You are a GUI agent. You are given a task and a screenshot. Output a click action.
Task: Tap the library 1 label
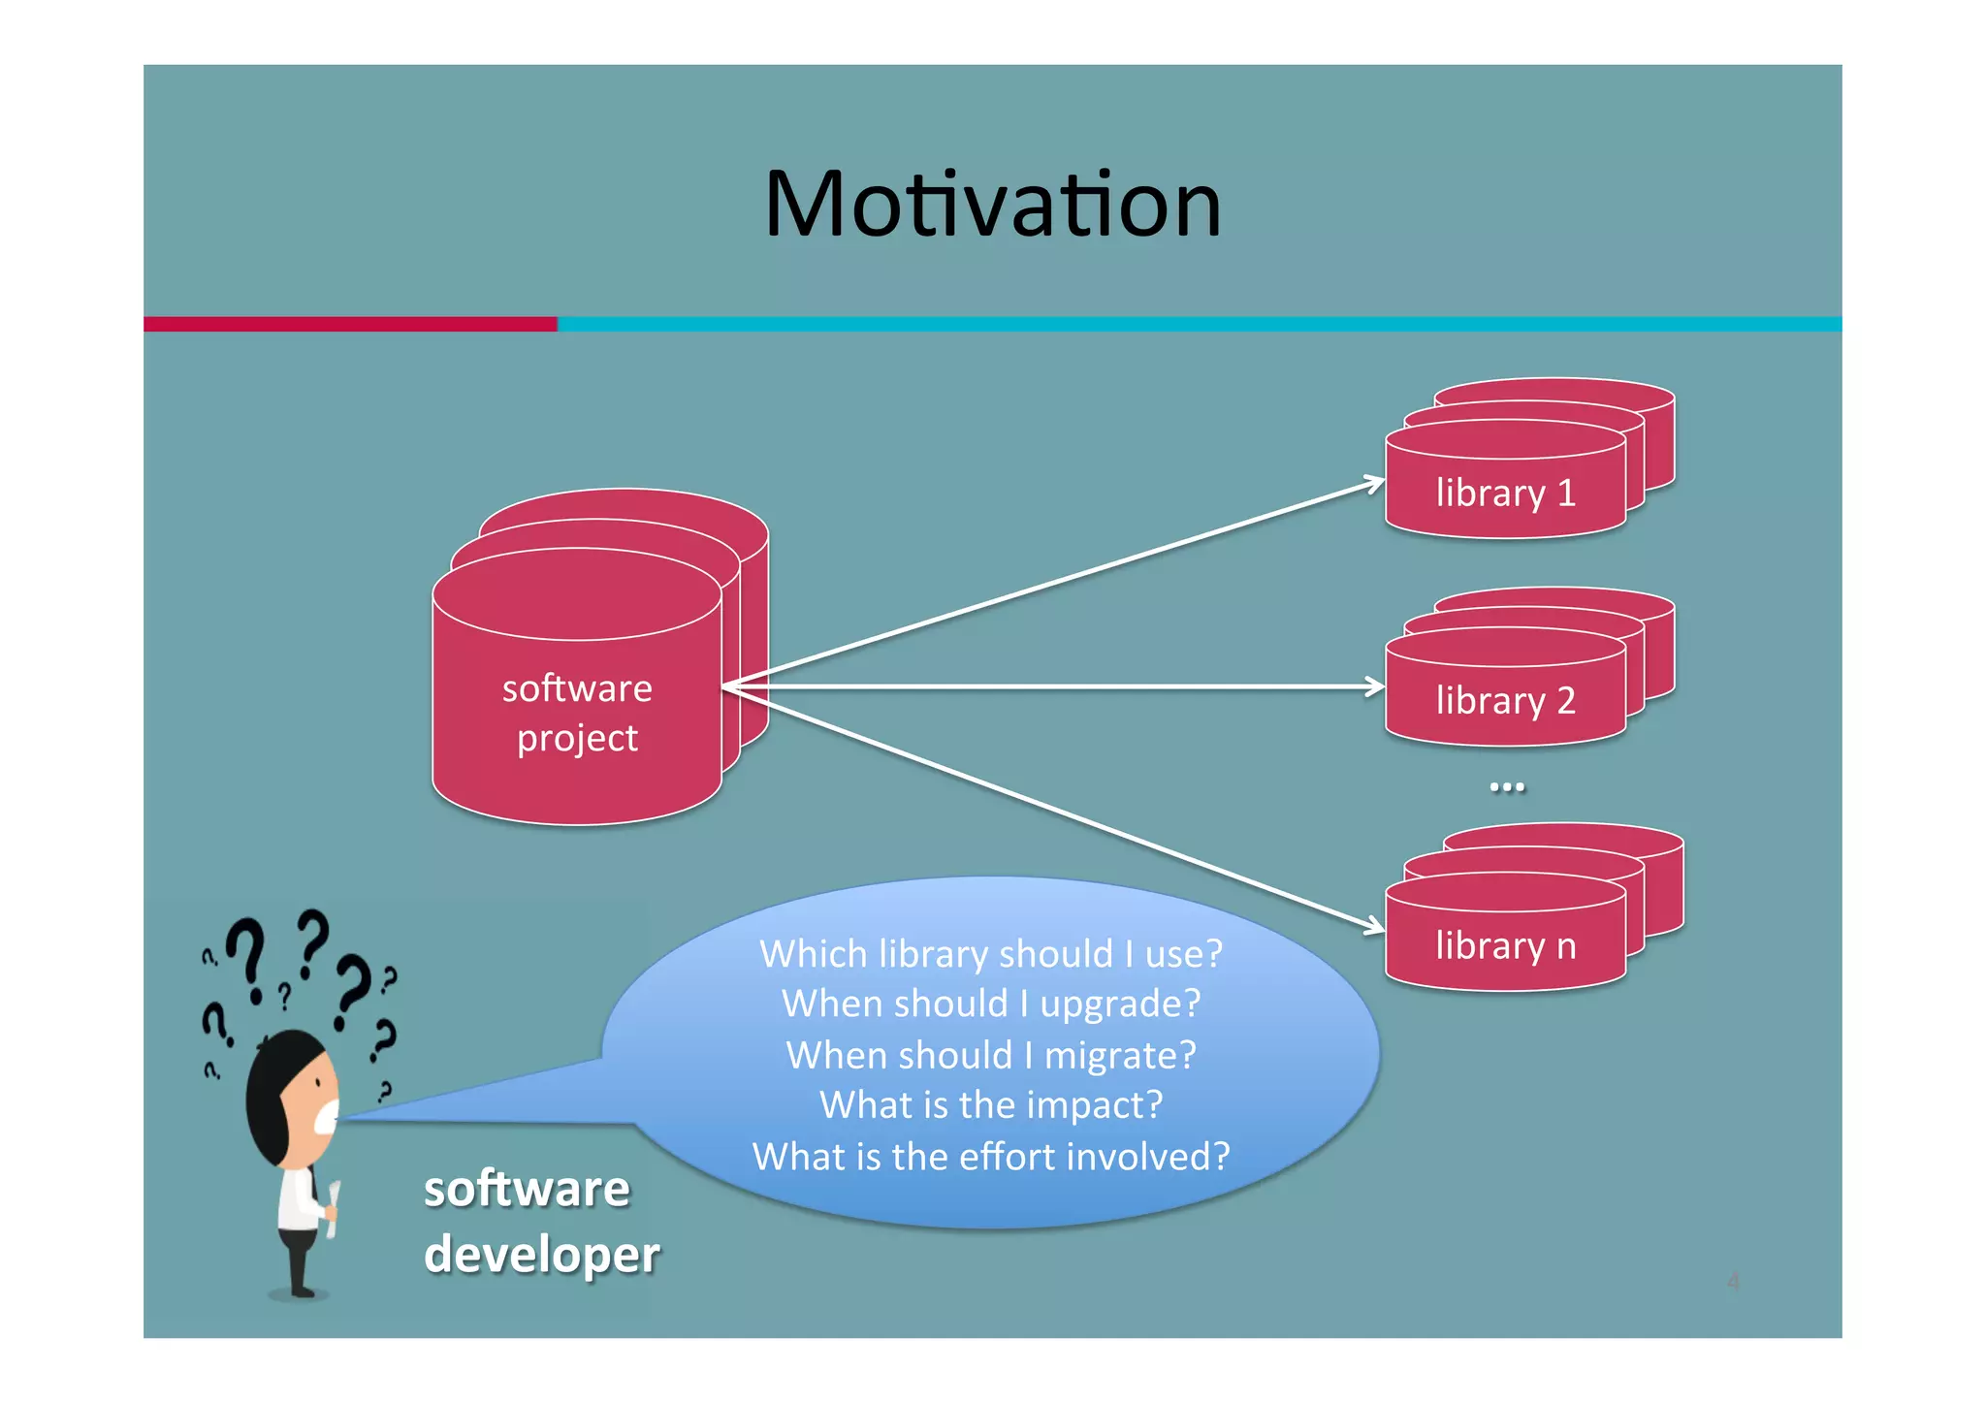tap(1505, 494)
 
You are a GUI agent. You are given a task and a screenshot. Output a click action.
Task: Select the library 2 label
tap(1505, 700)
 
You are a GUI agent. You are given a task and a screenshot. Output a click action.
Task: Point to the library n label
tap(1505, 945)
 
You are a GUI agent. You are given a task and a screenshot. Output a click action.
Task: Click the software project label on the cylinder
tap(577, 713)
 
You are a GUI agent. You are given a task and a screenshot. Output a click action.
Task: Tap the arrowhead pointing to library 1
tap(1375, 482)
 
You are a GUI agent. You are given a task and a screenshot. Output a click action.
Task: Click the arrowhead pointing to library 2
tap(1376, 686)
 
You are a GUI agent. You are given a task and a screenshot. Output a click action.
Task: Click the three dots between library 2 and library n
tap(1506, 787)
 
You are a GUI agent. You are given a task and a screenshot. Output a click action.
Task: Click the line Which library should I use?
tap(990, 954)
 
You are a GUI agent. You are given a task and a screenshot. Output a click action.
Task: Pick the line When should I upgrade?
tap(990, 1004)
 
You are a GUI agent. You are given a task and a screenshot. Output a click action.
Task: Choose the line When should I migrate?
tap(990, 1055)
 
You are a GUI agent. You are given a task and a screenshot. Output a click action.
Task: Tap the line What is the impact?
tap(990, 1105)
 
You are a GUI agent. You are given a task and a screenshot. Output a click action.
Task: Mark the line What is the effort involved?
tap(990, 1157)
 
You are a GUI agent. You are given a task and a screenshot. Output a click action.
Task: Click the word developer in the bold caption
tap(541, 1255)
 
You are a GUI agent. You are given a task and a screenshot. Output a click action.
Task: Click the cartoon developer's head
tap(291, 1096)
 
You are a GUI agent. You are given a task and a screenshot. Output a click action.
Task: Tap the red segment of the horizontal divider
tap(349, 324)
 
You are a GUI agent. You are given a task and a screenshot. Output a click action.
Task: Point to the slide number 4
tap(1733, 1282)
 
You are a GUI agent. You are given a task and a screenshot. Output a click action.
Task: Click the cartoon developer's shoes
tap(301, 1291)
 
